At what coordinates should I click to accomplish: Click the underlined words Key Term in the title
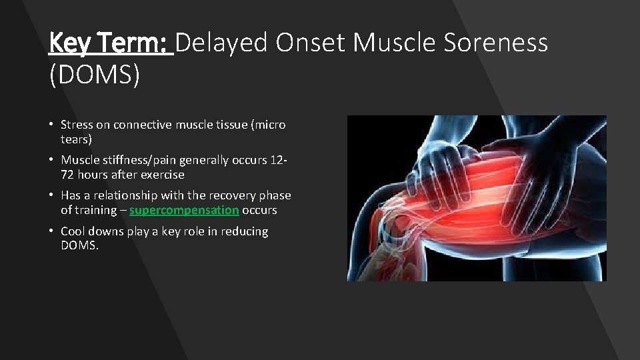[110, 43]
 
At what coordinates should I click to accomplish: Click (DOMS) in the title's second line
[95, 75]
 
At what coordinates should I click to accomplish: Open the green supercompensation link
[184, 210]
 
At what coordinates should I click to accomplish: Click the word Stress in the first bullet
[77, 125]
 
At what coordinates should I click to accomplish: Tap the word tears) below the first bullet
[76, 139]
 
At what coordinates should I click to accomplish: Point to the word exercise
[161, 175]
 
